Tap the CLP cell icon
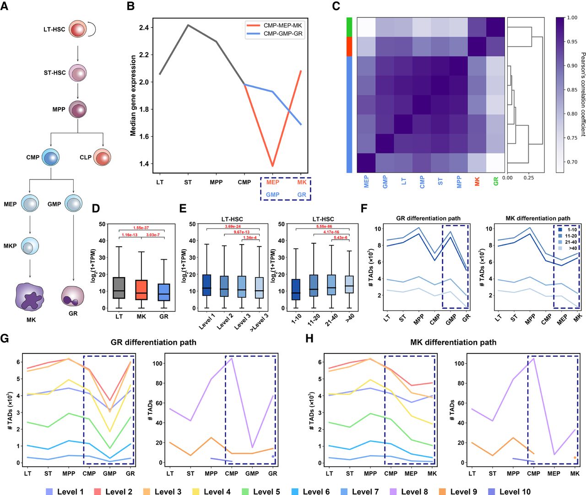102,157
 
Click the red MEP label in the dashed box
273,182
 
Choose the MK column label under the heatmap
477,181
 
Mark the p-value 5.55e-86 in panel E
322,227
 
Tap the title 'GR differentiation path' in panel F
428,218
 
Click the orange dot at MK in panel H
575,457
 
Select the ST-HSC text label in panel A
55,73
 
